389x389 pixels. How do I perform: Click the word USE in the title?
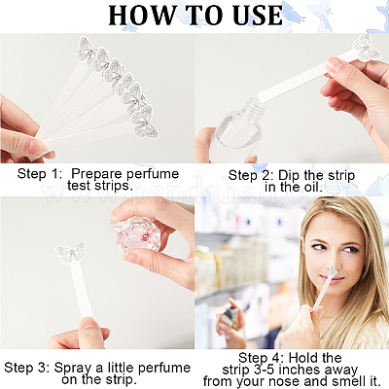coord(258,15)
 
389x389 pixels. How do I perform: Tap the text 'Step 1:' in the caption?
coord(40,174)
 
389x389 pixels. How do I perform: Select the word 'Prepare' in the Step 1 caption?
coord(96,174)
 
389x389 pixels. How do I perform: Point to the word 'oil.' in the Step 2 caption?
coord(312,188)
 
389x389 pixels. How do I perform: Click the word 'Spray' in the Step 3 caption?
coord(73,369)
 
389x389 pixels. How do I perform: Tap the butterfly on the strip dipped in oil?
coord(367,48)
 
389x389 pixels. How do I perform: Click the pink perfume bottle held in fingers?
coord(136,233)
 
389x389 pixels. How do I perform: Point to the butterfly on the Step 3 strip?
coord(72,252)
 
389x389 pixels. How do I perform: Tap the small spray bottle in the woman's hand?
coord(231,313)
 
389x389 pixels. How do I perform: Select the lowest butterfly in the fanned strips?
coord(146,123)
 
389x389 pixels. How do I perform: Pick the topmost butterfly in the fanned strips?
coord(87,50)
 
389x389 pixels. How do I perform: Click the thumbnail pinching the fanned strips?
coord(36,147)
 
